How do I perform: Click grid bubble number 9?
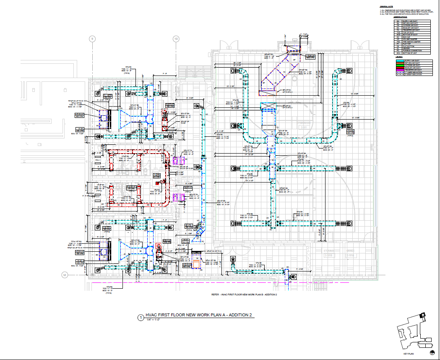pos(92,39)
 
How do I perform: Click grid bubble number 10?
pos(176,39)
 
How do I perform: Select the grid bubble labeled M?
pos(65,275)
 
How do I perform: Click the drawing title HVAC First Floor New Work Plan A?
pos(197,315)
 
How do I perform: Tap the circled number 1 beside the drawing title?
pos(141,318)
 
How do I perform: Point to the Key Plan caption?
pos(409,355)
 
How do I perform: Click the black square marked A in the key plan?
pos(423,314)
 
